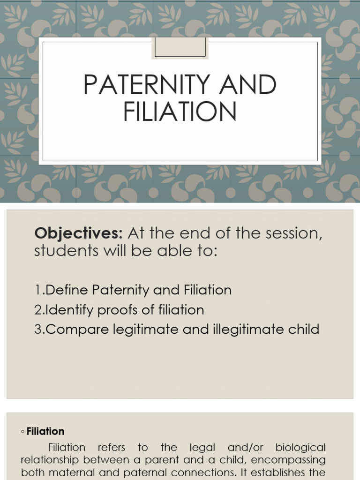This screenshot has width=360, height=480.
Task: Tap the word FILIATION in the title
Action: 180,113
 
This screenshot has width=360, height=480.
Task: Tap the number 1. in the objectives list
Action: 39,290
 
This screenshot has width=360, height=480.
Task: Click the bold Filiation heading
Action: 45,431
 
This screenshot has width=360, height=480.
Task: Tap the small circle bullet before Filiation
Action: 22,432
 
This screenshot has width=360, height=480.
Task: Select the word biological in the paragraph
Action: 300,448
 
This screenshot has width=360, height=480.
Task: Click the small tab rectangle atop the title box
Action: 180,48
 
